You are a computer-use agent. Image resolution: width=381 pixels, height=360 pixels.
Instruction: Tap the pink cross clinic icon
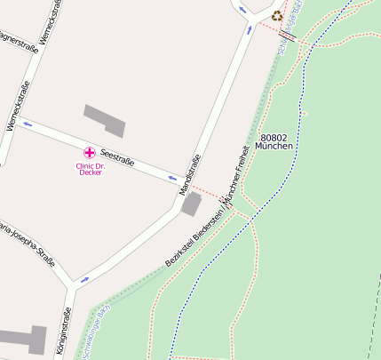(89, 153)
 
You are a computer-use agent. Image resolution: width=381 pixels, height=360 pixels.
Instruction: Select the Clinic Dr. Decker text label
(90, 168)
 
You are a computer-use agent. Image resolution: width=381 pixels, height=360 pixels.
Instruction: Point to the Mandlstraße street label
(190, 173)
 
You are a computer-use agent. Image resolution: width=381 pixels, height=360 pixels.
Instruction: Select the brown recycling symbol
(277, 15)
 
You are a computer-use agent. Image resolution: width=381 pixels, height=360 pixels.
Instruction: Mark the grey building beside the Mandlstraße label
(191, 204)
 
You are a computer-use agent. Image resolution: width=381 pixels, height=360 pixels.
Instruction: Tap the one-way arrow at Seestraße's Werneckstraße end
(28, 124)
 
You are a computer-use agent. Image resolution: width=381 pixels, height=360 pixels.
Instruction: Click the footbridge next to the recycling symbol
(287, 35)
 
